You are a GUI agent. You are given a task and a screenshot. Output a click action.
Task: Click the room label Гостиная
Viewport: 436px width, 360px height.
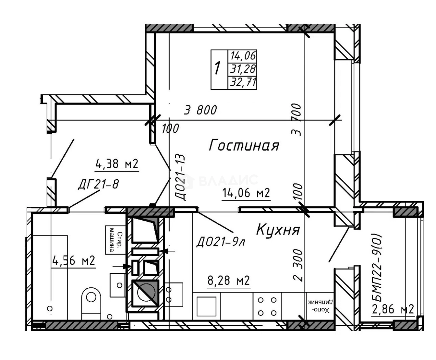pos(244,145)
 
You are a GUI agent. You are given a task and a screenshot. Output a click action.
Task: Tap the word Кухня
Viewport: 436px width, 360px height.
pos(278,230)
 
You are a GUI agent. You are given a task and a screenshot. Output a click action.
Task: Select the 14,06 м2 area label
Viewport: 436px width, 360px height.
pos(246,193)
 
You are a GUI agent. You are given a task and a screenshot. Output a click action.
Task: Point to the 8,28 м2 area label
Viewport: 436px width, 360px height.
pos(229,280)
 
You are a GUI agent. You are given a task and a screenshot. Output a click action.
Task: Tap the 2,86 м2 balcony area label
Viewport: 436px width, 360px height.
pos(393,309)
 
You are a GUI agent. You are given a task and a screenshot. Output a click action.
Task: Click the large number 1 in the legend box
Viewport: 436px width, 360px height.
pos(218,69)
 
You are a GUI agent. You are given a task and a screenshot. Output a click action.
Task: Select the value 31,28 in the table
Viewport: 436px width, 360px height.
pos(243,69)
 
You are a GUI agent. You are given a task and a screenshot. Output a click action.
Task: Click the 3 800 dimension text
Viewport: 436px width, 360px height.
pos(200,110)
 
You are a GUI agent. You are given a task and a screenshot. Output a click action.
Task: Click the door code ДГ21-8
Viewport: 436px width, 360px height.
pos(98,184)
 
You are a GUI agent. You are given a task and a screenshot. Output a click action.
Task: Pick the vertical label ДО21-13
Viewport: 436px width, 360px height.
pos(181,177)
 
